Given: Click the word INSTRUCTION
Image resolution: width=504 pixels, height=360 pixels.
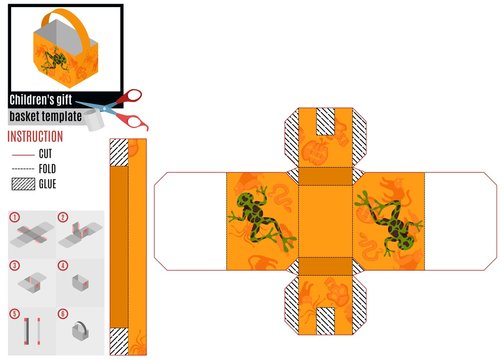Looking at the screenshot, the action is (x=35, y=137).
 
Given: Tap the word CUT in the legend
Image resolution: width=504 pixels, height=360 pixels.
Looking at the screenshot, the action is (x=45, y=154).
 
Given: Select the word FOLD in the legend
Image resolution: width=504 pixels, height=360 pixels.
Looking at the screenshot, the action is (x=47, y=169).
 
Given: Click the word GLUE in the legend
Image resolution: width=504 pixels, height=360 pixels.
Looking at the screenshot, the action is (x=47, y=184).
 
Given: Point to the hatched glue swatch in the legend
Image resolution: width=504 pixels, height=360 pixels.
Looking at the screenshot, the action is (x=23, y=184).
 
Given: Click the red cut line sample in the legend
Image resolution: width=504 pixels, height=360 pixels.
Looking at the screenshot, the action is (x=23, y=155).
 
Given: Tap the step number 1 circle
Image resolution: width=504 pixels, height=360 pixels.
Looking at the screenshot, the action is (x=15, y=218).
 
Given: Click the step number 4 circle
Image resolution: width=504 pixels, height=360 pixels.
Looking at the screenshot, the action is (x=63, y=266).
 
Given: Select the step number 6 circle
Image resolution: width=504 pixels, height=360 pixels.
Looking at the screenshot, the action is (x=63, y=314).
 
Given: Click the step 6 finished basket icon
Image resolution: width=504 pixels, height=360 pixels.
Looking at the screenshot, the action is (x=80, y=331).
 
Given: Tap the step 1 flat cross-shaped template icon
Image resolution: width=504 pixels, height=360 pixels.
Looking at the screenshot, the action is (x=32, y=234).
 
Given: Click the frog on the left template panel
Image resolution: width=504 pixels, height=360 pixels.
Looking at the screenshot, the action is (x=261, y=218).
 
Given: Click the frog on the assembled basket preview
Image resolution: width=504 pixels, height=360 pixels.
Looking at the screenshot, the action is (x=53, y=61).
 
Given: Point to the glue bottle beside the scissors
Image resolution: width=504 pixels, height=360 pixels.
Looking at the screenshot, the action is (x=95, y=121).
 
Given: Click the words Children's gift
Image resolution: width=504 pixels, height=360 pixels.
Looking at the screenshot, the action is (x=41, y=100).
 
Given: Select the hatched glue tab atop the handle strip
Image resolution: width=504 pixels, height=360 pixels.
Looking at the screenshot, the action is (x=119, y=153).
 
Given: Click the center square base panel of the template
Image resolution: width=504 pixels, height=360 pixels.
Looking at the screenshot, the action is (x=325, y=221).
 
